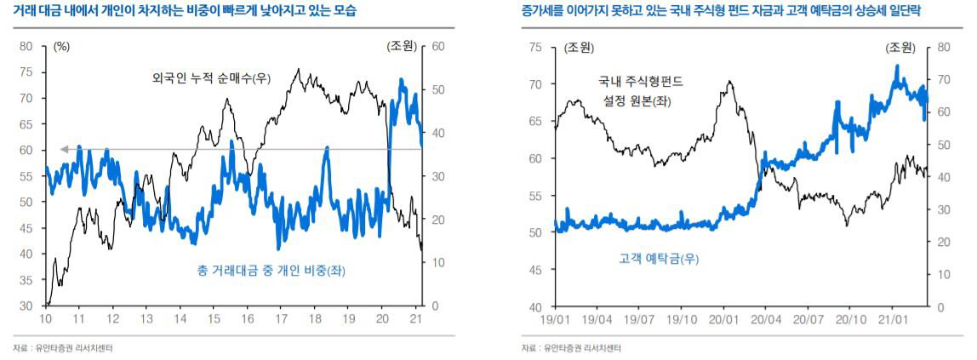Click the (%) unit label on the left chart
coord(61,47)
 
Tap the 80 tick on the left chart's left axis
coord(27,47)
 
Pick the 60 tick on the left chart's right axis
coord(438,47)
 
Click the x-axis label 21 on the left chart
coord(417,318)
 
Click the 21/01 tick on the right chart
coord(892,318)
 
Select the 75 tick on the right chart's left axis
coord(534,47)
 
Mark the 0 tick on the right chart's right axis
coord(941,306)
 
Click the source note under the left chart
coord(63,348)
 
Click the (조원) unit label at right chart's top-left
coord(580,47)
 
